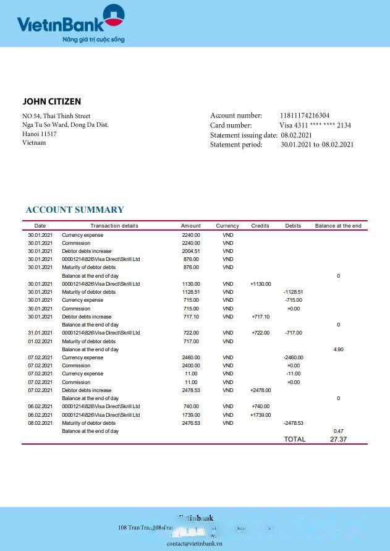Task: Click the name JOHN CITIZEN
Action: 52,101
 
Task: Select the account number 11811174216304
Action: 305,116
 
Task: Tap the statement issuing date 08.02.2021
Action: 296,135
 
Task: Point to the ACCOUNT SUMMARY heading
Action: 75,210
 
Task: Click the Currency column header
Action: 227,226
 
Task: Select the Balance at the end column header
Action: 338,226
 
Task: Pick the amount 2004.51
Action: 191,251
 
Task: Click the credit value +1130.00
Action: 260,284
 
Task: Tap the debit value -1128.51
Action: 293,292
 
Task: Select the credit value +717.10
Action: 260,317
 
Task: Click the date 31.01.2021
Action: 40,333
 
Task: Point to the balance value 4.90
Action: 338,349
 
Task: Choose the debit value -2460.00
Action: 293,357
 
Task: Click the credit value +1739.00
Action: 260,415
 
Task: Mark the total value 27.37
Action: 338,439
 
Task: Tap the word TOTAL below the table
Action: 294,439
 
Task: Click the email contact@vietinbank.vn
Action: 195,544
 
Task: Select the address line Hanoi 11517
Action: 40,134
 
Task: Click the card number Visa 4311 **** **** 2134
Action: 315,126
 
